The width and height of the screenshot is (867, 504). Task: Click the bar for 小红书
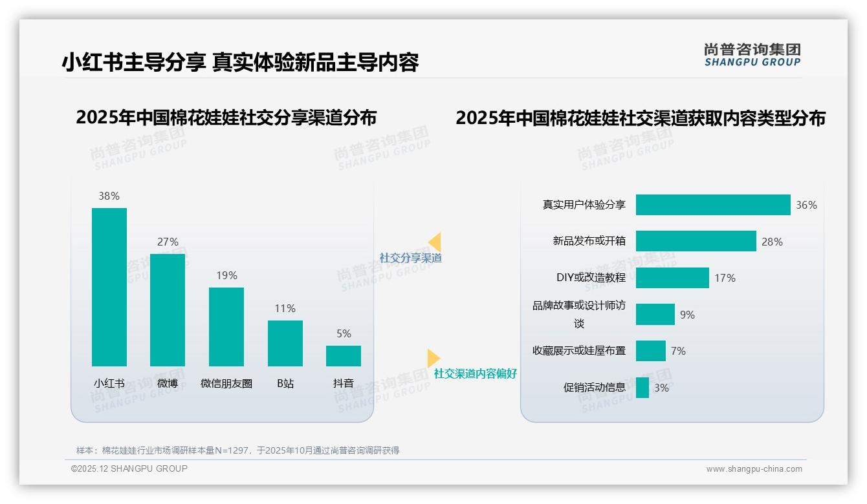tap(109, 287)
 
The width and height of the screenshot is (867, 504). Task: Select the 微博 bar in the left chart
tap(168, 310)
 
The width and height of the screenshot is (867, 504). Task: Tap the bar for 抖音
tap(344, 356)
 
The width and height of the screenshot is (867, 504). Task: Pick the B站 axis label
tap(285, 383)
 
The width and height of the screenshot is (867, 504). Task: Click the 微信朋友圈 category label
tap(226, 383)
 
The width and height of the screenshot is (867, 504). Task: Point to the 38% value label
tap(109, 196)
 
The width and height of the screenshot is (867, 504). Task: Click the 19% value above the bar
tap(226, 275)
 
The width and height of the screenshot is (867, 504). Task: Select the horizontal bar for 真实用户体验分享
tap(712, 205)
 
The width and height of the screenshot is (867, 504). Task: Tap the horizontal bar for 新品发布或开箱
tap(696, 241)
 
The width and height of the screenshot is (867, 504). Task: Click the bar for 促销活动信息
tap(642, 388)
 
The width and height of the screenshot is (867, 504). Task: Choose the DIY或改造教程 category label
tap(591, 277)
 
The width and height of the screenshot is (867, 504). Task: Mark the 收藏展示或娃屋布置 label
tap(579, 351)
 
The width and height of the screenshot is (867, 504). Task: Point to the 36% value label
tap(806, 205)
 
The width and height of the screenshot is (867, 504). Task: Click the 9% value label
tap(687, 315)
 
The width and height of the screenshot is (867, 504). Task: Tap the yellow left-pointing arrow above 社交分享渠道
tap(435, 242)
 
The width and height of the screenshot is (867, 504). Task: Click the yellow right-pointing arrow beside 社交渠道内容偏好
tap(433, 357)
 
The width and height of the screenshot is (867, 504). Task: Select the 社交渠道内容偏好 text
tap(476, 373)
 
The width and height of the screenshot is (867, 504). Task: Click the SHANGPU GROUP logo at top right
tap(752, 55)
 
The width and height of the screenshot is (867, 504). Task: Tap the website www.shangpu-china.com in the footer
tap(754, 469)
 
